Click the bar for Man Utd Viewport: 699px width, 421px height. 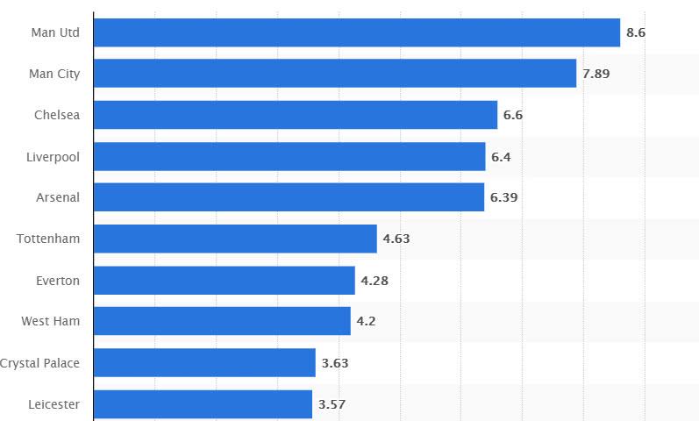point(356,32)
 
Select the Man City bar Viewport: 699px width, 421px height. point(334,74)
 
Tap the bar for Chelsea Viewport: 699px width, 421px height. point(295,115)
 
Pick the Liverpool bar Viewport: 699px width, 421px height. point(289,156)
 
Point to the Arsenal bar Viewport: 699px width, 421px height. point(289,197)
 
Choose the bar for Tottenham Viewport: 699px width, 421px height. point(235,239)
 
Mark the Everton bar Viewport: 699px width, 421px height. point(224,280)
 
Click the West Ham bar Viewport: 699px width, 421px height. point(222,321)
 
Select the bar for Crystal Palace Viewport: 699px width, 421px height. point(204,362)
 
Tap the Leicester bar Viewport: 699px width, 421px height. point(203,403)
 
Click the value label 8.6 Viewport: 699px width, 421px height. point(636,32)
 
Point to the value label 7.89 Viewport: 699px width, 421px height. point(596,74)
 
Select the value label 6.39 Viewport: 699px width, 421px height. point(503,197)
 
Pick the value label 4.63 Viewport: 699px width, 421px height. point(396,239)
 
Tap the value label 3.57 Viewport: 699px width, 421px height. point(332,403)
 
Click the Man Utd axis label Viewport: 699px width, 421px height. point(55,32)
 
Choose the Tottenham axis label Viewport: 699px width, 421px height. point(48,239)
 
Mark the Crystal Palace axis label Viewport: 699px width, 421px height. point(40,362)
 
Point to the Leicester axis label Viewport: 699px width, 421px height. point(53,403)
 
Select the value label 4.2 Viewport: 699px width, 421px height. point(366,321)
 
